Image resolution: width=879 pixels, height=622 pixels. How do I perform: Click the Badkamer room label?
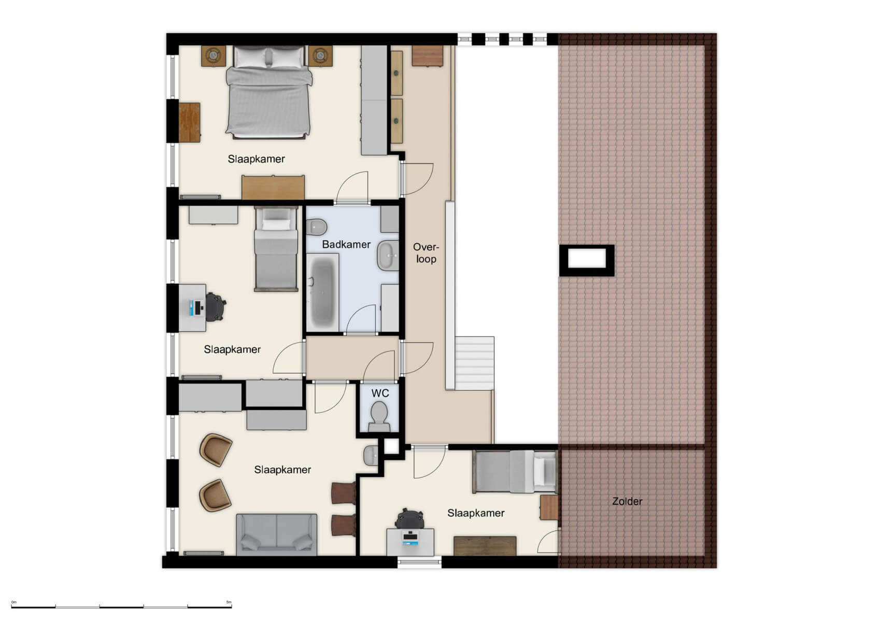pyautogui.click(x=346, y=244)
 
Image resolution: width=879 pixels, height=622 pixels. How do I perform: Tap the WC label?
pyautogui.click(x=380, y=393)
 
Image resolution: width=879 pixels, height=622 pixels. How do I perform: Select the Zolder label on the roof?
pyautogui.click(x=627, y=501)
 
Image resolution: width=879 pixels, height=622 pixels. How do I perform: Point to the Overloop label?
pyautogui.click(x=426, y=253)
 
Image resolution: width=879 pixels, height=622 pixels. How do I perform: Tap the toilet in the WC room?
pyautogui.click(x=380, y=417)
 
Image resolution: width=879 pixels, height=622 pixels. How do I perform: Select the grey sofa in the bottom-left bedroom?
pyautogui.click(x=276, y=534)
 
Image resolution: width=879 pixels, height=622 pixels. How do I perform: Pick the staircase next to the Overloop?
pyautogui.click(x=474, y=362)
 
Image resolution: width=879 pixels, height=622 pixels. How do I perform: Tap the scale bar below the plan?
pyautogui.click(x=121, y=606)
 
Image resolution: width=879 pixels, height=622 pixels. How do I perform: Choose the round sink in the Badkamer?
pyautogui.click(x=387, y=255)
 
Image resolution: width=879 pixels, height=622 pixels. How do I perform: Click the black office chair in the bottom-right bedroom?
pyautogui.click(x=410, y=518)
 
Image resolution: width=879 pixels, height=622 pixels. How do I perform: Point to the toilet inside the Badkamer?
pyautogui.click(x=316, y=227)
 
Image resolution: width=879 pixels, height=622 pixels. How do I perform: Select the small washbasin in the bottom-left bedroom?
pyautogui.click(x=371, y=455)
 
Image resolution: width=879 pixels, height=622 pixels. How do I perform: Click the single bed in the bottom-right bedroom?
pyautogui.click(x=514, y=471)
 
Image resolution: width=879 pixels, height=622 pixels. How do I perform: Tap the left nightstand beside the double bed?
pyautogui.click(x=214, y=55)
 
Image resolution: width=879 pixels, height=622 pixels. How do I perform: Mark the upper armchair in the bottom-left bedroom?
pyautogui.click(x=216, y=449)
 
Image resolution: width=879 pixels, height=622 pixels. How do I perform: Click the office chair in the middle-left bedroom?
pyautogui.click(x=215, y=306)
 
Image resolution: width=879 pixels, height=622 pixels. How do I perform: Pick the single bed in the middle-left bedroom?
pyautogui.click(x=276, y=249)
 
